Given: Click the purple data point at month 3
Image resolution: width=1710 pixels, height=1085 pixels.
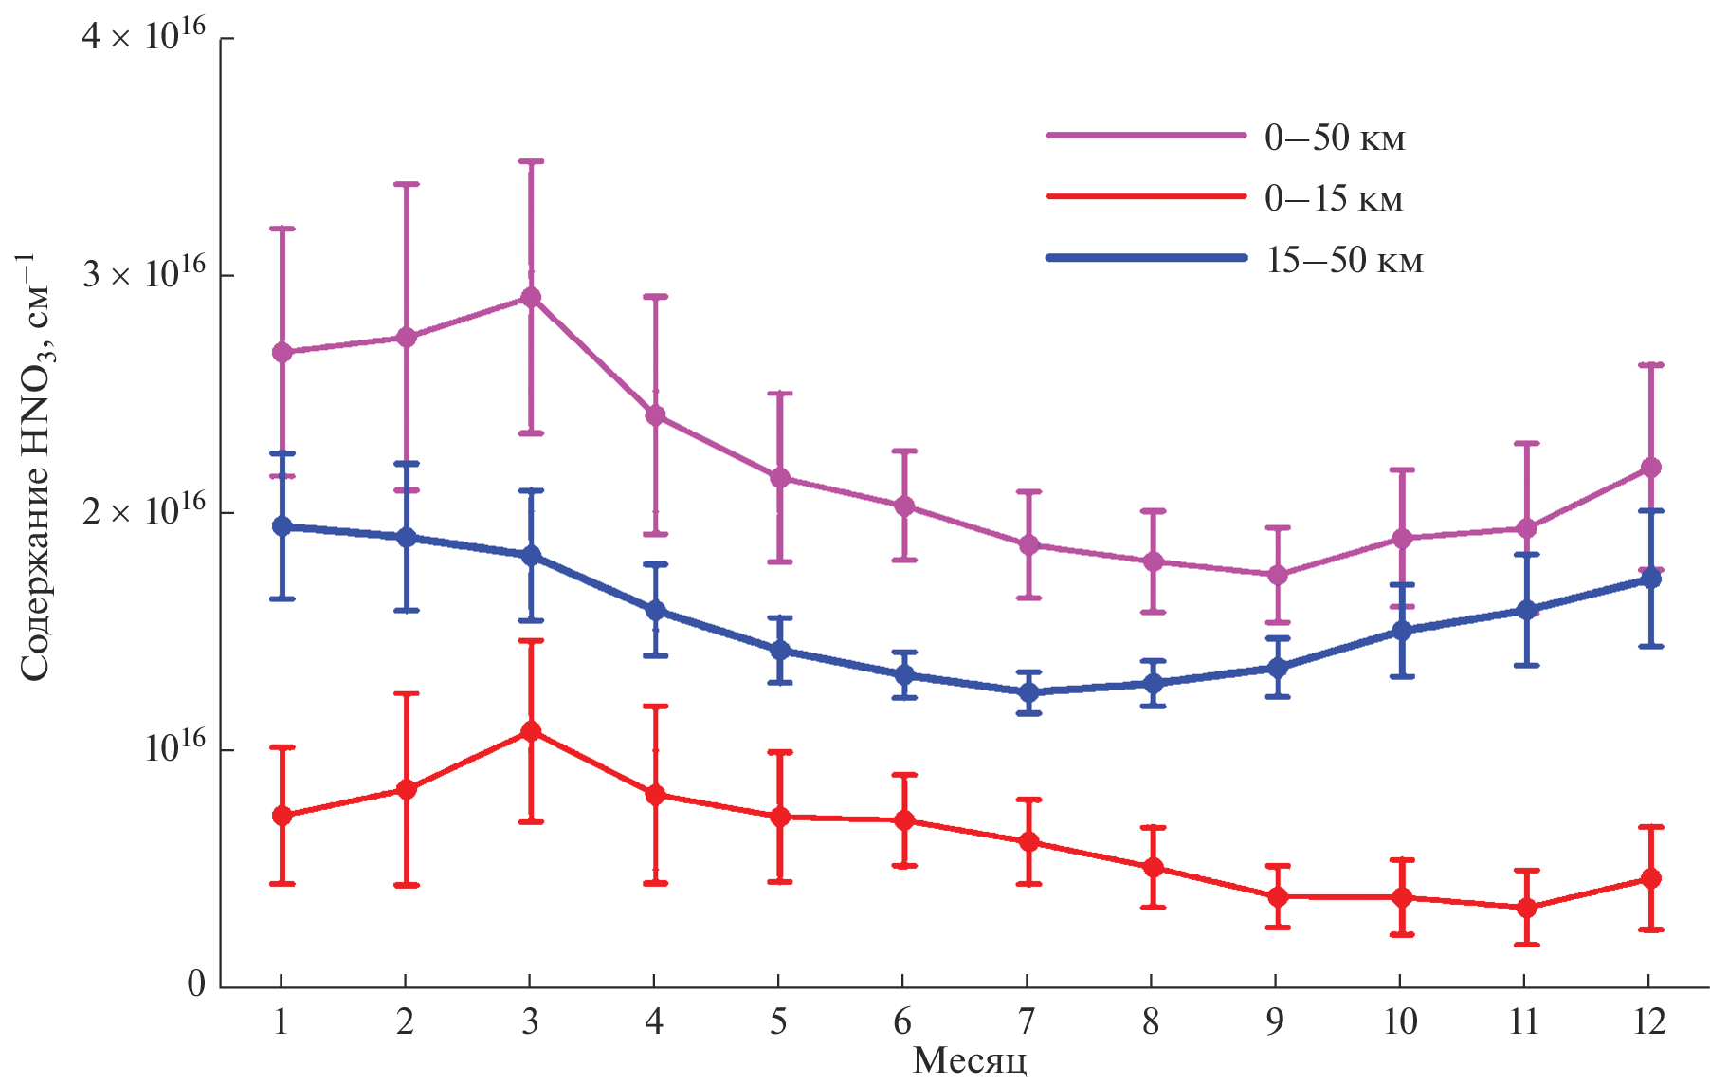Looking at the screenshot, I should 531,298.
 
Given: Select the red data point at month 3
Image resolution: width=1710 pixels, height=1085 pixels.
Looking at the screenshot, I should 531,731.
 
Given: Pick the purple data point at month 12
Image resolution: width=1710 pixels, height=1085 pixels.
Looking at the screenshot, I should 1650,468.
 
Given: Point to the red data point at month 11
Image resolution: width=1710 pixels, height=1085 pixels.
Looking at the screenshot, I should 1526,908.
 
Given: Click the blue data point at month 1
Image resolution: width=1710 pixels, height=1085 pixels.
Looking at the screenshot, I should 282,526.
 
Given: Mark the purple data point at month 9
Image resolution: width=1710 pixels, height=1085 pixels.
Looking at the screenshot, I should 1277,575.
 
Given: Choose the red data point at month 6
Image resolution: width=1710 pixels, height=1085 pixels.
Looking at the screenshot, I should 904,820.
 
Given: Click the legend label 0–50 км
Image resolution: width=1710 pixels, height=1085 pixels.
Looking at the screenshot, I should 1335,138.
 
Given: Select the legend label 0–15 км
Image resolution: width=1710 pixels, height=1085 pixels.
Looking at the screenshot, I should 1334,199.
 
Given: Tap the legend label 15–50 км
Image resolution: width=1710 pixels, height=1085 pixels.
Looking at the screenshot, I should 1344,260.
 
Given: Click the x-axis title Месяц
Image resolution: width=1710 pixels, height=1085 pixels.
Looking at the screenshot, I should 969,1061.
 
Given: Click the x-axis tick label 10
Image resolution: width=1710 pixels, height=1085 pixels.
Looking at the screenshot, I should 1400,1021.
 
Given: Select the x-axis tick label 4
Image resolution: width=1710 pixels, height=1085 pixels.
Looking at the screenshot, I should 654,1021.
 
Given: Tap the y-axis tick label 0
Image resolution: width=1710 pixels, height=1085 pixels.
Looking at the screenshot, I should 196,984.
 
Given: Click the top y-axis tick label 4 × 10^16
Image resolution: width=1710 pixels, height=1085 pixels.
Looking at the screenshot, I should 143,37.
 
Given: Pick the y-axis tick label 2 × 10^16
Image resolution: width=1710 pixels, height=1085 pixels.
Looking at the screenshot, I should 143,511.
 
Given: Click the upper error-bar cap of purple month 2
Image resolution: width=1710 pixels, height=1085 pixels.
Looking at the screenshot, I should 407,184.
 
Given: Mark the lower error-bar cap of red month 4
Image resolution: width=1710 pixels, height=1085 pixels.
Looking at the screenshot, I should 655,883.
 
